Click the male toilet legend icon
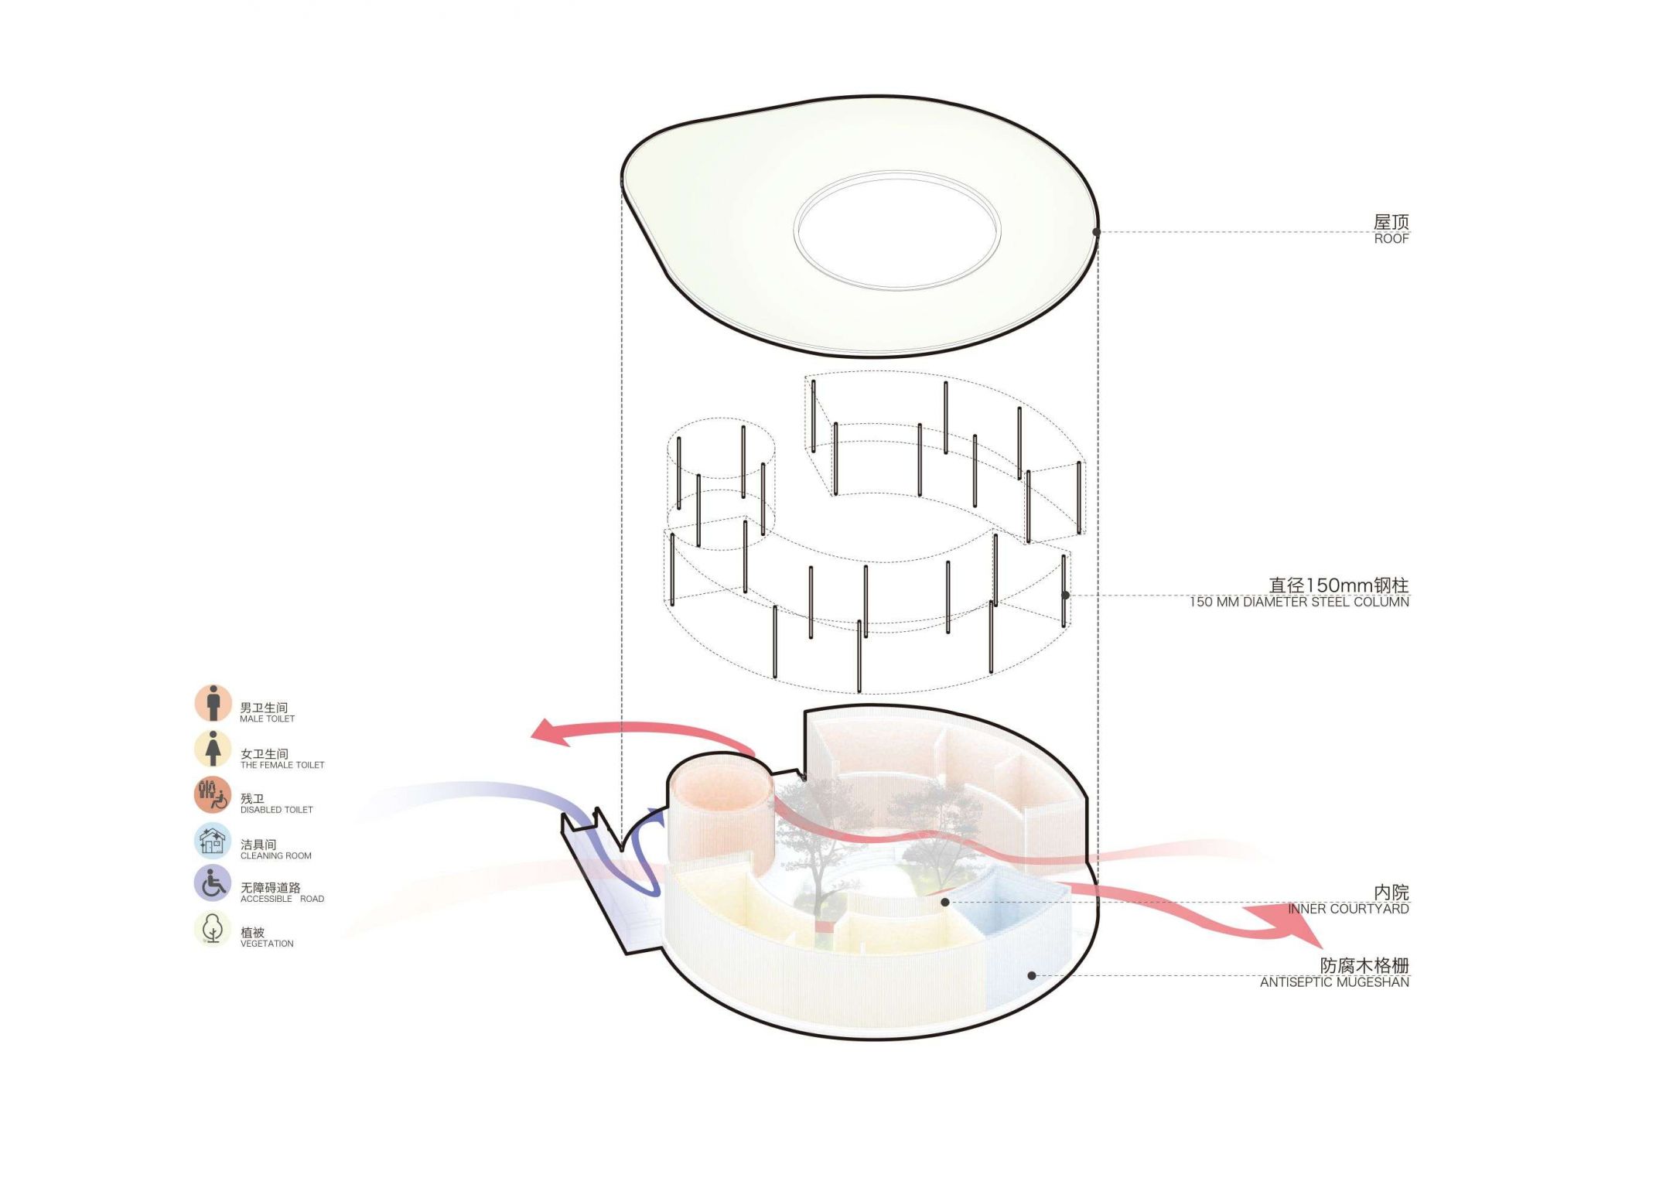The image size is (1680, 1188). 213,703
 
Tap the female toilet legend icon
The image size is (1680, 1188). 213,749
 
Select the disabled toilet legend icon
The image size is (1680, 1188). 213,795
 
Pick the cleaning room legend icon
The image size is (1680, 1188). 213,841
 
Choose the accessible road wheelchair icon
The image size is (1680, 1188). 213,883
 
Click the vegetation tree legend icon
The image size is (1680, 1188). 213,929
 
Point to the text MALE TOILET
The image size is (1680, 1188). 267,719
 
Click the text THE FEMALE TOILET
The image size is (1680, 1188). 282,765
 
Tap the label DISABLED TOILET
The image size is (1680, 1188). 276,810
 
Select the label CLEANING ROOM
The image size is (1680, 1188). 275,855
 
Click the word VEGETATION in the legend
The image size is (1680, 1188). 267,944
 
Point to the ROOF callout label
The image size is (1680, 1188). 1391,239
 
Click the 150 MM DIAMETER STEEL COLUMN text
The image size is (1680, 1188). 1299,603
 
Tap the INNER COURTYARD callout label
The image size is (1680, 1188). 1348,909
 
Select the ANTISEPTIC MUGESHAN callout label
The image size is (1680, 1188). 1334,982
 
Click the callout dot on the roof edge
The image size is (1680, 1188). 1096,232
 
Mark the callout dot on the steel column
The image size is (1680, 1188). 1065,595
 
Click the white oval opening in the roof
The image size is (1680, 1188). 897,230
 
